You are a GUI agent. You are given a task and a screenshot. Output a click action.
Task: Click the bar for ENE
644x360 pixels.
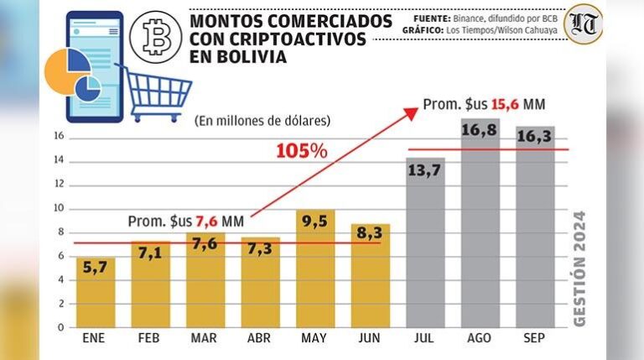96,292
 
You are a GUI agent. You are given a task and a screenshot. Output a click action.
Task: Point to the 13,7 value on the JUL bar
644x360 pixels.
425,171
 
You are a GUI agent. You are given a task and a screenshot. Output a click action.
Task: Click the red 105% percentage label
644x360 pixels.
302,151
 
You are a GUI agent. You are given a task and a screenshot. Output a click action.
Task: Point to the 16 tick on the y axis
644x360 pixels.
59,138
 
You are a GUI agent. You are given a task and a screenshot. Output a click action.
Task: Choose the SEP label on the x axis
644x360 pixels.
534,339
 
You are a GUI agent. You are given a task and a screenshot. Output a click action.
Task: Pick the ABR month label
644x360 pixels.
259,339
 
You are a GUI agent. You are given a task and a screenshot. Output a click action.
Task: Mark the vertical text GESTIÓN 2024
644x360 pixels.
579,267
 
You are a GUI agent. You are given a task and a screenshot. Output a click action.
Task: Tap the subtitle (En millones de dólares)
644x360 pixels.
262,121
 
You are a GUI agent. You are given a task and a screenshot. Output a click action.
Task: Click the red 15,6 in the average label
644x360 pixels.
503,105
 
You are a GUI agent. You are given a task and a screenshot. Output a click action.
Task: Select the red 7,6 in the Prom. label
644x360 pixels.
208,222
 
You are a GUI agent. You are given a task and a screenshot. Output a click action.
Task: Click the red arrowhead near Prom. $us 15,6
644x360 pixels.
413,110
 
